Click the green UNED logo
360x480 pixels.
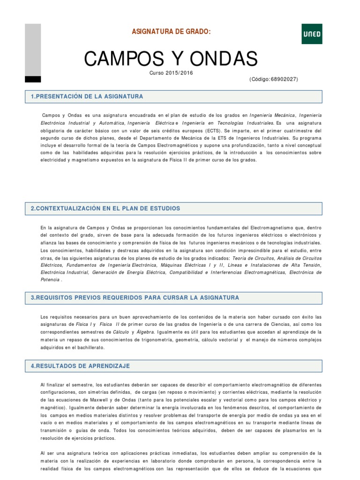point(312,34)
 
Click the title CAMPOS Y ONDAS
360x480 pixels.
point(171,59)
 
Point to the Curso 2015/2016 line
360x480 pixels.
point(171,73)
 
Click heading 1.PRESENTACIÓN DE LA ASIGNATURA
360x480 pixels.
point(87,97)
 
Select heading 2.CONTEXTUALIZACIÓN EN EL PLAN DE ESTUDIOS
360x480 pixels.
point(105,208)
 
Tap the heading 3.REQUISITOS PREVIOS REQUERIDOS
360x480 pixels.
point(135,298)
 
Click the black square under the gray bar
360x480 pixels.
point(33,79)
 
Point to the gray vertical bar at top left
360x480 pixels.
point(33,49)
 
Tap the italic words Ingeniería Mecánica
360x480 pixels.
point(272,115)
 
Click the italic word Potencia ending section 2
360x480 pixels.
point(50,279)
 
